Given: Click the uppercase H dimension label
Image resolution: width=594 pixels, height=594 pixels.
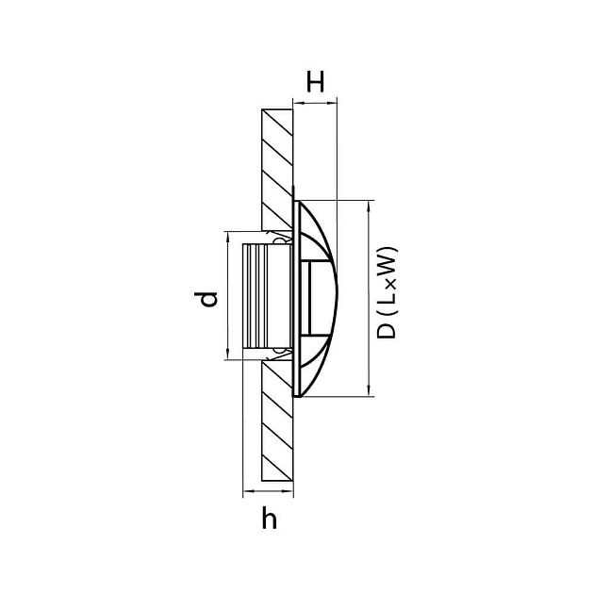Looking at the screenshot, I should tap(316, 82).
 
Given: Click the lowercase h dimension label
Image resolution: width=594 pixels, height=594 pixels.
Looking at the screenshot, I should tap(270, 519).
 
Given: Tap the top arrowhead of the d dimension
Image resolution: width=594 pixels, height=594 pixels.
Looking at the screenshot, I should tap(228, 237).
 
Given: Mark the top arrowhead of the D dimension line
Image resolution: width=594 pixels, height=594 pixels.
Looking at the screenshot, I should tap(366, 206).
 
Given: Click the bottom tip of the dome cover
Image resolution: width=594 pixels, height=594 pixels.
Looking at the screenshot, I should tap(299, 395).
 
